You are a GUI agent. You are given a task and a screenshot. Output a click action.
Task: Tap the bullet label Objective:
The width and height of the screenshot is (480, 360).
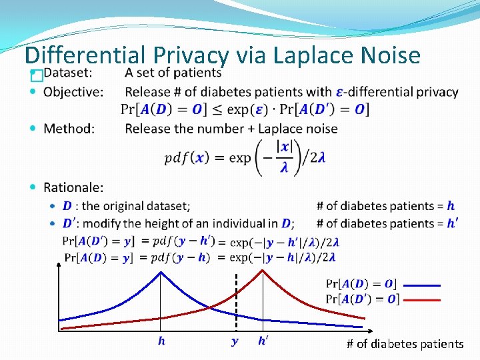point(73,92)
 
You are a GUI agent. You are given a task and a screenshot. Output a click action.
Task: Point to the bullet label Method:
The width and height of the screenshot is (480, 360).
point(69,129)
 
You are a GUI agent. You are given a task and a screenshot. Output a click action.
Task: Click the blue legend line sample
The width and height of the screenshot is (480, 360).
point(422,285)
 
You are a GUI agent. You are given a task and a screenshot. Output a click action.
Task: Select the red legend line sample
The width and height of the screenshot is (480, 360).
point(422,300)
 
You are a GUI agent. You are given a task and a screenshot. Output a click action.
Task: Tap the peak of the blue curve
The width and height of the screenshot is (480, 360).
point(160,275)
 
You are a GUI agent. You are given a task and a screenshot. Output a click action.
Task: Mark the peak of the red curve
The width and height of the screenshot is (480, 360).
point(263,275)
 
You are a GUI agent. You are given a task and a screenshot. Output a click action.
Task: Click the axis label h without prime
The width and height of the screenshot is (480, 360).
point(161,341)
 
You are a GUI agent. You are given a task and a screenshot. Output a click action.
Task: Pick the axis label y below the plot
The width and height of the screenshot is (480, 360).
point(235,342)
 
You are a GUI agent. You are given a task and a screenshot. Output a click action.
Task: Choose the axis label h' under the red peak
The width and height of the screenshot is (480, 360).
point(264,341)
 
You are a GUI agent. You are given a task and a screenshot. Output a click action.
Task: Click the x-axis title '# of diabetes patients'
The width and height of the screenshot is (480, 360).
point(405,344)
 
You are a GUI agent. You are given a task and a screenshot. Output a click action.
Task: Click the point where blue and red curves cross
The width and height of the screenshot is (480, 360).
point(211,307)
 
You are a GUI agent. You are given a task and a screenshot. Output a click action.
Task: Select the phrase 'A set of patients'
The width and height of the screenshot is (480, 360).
point(173,73)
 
